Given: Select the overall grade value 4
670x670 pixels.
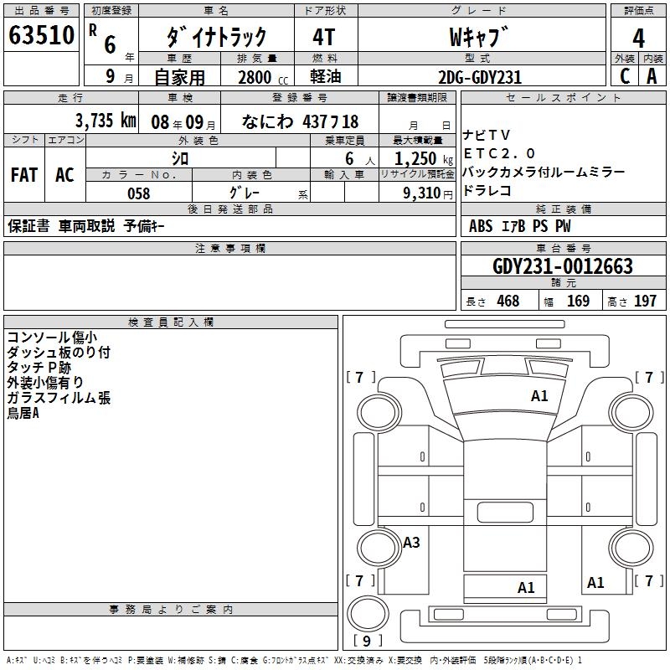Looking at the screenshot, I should tap(638, 38).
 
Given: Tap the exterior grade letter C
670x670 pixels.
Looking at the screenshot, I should tap(624, 76).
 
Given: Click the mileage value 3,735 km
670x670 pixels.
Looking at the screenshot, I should tap(106, 121).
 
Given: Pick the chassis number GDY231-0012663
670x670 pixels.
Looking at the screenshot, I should tap(563, 267).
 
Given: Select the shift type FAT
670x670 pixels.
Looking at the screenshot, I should tap(23, 174).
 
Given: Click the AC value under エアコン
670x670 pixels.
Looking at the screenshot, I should tap(64, 174).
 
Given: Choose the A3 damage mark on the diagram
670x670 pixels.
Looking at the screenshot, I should tap(411, 543).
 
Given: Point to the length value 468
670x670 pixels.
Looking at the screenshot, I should tap(508, 301).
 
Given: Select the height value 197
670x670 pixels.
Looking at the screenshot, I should tap(646, 301).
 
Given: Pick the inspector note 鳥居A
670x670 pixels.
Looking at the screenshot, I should tap(23, 414).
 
